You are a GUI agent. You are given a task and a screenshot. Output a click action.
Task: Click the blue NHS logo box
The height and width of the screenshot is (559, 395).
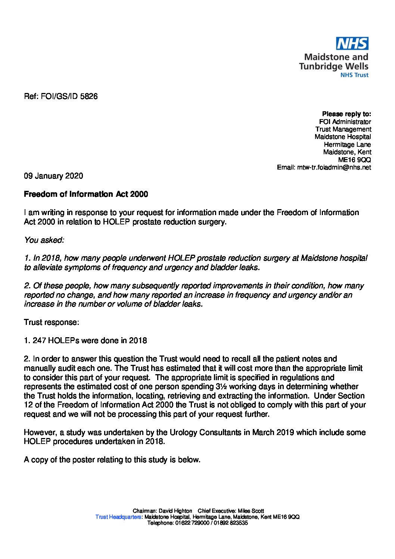click(x=352, y=44)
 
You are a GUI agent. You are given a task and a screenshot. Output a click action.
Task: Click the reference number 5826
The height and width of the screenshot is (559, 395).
click(x=89, y=96)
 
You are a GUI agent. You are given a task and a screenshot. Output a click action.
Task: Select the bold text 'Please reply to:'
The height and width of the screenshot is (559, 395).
click(x=346, y=114)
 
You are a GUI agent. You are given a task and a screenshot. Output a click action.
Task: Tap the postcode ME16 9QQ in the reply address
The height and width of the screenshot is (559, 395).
click(x=354, y=160)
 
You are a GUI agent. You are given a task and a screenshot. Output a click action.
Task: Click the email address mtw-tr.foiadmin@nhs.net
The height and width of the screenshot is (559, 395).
click(x=334, y=167)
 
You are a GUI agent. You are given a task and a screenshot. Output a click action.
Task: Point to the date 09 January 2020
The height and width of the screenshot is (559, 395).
click(x=53, y=176)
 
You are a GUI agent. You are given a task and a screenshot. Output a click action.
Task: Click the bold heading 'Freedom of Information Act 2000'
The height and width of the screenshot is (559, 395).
click(x=86, y=194)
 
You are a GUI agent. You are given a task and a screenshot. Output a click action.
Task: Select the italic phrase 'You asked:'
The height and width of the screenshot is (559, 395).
click(x=44, y=240)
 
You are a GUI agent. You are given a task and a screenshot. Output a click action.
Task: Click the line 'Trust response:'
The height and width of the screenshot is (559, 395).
click(x=51, y=322)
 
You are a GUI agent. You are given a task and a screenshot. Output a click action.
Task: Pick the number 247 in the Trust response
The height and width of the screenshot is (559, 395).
click(x=39, y=341)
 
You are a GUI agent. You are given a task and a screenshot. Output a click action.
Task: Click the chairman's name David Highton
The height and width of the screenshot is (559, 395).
click(x=175, y=511)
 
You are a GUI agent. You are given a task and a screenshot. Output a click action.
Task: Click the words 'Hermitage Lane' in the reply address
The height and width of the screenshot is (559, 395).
click(x=347, y=145)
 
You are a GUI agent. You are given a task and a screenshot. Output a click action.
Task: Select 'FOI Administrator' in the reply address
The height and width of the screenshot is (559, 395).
click(x=345, y=122)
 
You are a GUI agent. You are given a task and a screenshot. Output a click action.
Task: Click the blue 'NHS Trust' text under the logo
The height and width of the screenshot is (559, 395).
click(x=354, y=75)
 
